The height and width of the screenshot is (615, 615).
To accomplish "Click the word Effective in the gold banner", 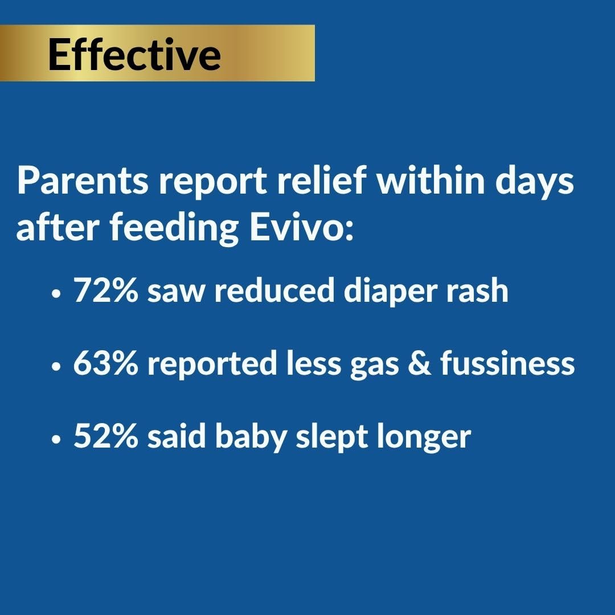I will click(134, 55).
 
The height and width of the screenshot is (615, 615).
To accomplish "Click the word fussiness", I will click(507, 364).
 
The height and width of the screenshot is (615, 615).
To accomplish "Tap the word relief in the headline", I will click(327, 182).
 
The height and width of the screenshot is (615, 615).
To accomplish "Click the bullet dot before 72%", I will click(55, 294).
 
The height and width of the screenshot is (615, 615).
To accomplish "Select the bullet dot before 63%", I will click(55, 367).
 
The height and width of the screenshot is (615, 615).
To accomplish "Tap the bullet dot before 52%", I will click(55, 440).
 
